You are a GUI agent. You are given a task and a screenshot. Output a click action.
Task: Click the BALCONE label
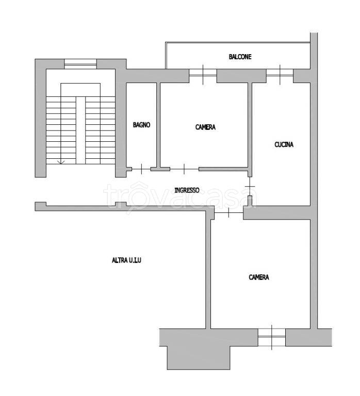[x=240, y=57]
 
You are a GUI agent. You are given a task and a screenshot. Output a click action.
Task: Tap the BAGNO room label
[x=141, y=125]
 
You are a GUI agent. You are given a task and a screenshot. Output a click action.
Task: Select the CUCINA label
[x=284, y=144]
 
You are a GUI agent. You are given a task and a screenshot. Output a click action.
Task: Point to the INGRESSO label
[x=187, y=190]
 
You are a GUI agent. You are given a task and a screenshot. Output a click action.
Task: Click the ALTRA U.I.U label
[x=126, y=260]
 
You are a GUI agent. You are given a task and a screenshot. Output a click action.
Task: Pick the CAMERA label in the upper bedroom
[x=205, y=127]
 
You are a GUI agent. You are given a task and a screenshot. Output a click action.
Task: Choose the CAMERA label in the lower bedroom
[x=259, y=277]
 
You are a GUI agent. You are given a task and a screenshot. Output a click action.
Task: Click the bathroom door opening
[x=141, y=169]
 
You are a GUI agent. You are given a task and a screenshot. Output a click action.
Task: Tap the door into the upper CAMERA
[x=184, y=169]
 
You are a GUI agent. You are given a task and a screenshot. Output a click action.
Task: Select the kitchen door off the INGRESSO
[x=250, y=186]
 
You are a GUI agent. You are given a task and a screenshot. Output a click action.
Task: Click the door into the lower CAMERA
[x=228, y=212]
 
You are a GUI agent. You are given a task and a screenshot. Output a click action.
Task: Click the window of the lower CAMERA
[x=272, y=337]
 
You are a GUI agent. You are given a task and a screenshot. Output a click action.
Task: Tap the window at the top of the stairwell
[x=80, y=64]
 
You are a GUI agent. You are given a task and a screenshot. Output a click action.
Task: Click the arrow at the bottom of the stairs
[x=61, y=162]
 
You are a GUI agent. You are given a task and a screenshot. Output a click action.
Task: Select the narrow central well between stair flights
[x=81, y=130]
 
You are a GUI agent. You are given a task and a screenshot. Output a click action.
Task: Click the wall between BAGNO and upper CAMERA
[x=158, y=125]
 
